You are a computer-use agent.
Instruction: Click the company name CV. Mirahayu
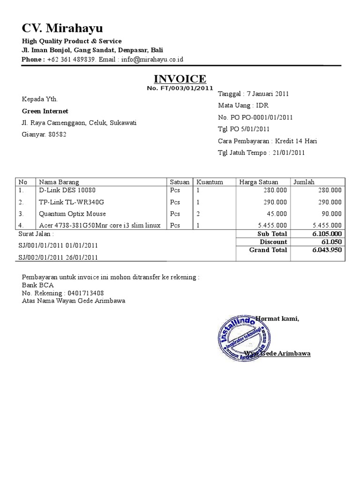pos(62,27)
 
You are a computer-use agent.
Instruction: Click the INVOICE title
pos(180,78)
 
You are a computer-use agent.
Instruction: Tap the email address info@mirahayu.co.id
pos(152,60)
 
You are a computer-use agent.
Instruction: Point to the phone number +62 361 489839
pos(72,60)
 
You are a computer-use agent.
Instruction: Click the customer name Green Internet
pos(45,111)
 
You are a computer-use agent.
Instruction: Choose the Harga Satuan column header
pos(258,182)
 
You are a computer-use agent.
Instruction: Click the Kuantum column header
pos(210,182)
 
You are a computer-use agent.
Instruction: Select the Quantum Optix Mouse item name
pos(72,214)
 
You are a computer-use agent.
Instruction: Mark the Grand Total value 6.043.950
pos(327,250)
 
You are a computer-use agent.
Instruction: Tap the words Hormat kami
pos(277,319)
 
